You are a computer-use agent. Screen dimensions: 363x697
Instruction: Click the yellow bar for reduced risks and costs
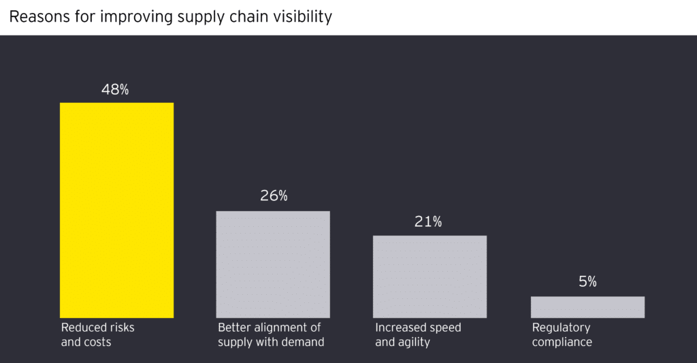tap(116, 210)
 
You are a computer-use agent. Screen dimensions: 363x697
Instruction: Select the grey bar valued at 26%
tap(273, 264)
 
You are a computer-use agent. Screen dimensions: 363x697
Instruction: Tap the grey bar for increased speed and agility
tap(429, 277)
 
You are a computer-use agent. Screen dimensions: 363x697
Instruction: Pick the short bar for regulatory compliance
tap(587, 307)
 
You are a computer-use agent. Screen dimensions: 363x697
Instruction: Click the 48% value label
tap(115, 89)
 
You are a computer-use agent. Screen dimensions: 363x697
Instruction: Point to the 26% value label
tap(274, 196)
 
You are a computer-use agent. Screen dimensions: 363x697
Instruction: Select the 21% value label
tap(428, 221)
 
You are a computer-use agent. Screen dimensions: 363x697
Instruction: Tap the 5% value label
tap(587, 281)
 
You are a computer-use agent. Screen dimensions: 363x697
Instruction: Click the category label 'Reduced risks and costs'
tap(97, 334)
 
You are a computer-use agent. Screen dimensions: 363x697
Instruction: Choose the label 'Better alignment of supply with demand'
tap(270, 334)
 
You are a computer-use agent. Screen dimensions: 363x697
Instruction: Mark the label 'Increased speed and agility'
tap(418, 334)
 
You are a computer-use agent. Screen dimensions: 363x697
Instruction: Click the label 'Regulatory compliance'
tap(562, 334)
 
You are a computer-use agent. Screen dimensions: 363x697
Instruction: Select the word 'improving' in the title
tap(131, 17)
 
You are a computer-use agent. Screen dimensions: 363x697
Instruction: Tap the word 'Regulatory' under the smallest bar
tap(561, 328)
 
